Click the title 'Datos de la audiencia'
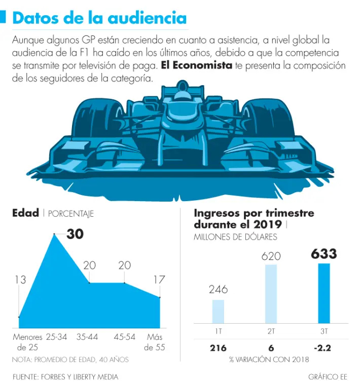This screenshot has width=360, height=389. coord(99,18)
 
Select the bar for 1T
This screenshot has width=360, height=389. coord(218,312)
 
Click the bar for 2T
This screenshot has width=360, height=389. coord(271,294)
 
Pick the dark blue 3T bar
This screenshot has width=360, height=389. coord(323,293)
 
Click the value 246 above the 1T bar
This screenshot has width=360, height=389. coord(218,290)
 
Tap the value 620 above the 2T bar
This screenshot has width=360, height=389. coord(271,256)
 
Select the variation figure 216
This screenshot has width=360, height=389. coord(218,348)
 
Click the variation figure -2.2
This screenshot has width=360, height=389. coord(323,348)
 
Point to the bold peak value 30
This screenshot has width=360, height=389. coord(75,234)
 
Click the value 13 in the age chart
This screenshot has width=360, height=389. coord(20,280)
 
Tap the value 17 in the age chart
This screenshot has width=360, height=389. coord(159,279)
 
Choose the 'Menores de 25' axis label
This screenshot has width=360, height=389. coord(27,342)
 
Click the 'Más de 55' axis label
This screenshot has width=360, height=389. coord(154,342)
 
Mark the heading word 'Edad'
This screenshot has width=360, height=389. coord(25,213)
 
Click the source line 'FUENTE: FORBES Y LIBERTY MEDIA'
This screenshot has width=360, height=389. coord(65,377)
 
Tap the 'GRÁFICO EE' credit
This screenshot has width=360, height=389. coord(327,377)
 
